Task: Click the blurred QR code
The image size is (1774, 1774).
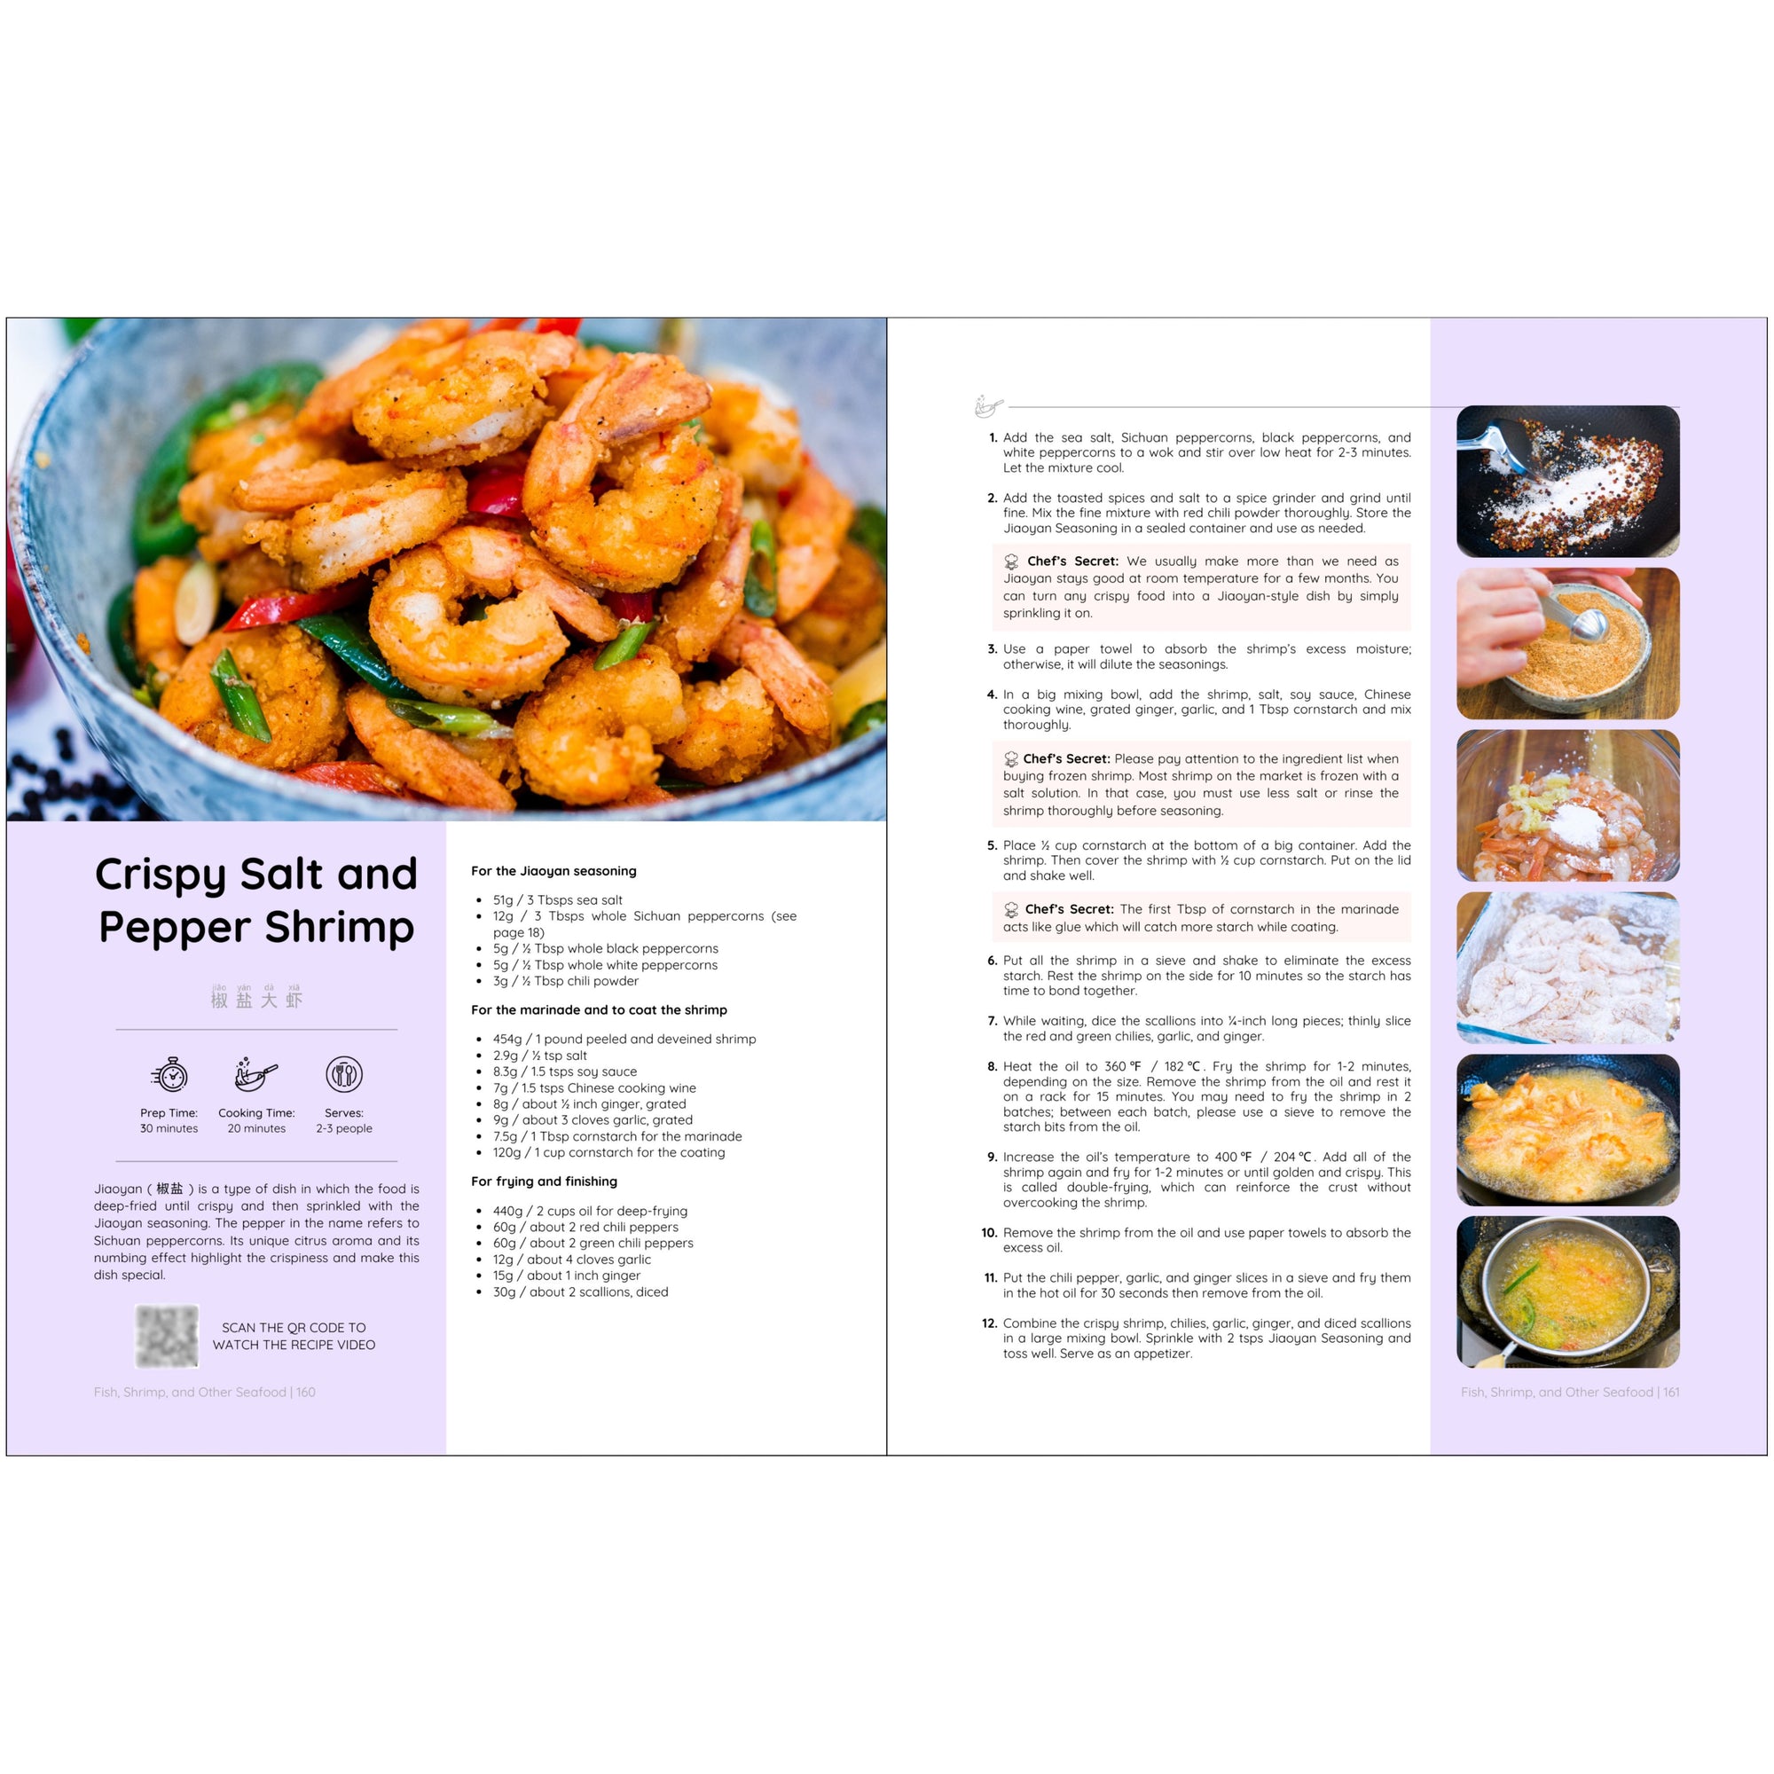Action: click(x=166, y=1336)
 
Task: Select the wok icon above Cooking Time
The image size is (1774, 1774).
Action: click(x=256, y=1073)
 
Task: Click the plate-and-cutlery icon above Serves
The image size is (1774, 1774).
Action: click(x=344, y=1073)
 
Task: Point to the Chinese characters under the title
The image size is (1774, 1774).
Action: click(x=256, y=998)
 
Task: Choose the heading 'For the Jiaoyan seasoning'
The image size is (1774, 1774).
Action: click(x=553, y=870)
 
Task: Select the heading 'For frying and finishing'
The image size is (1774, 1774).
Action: click(x=544, y=1181)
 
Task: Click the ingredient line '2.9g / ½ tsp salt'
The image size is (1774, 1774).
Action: click(x=540, y=1055)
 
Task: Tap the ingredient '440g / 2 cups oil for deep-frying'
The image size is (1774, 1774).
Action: click(x=591, y=1211)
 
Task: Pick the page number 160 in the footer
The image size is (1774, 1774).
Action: click(x=306, y=1392)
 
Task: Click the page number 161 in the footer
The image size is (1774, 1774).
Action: click(x=1671, y=1392)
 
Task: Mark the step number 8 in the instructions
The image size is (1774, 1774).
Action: click(x=992, y=1066)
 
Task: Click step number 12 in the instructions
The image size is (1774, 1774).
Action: click(x=989, y=1323)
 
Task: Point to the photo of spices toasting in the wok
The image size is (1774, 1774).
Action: click(x=1568, y=481)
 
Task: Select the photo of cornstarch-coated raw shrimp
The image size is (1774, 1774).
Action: click(x=1568, y=968)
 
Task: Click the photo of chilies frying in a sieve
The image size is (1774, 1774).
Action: click(x=1568, y=1292)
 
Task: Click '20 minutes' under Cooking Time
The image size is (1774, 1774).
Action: click(x=256, y=1128)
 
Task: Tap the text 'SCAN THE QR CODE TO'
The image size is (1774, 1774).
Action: click(x=294, y=1328)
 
